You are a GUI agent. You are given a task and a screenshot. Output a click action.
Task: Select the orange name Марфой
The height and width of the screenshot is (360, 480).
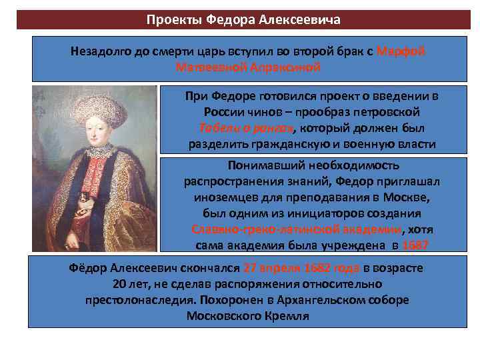(401, 52)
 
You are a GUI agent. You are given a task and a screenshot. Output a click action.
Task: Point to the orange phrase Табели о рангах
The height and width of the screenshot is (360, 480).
(243, 128)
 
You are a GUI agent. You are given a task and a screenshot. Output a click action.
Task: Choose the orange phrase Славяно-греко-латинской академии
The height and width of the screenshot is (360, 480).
(296, 230)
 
